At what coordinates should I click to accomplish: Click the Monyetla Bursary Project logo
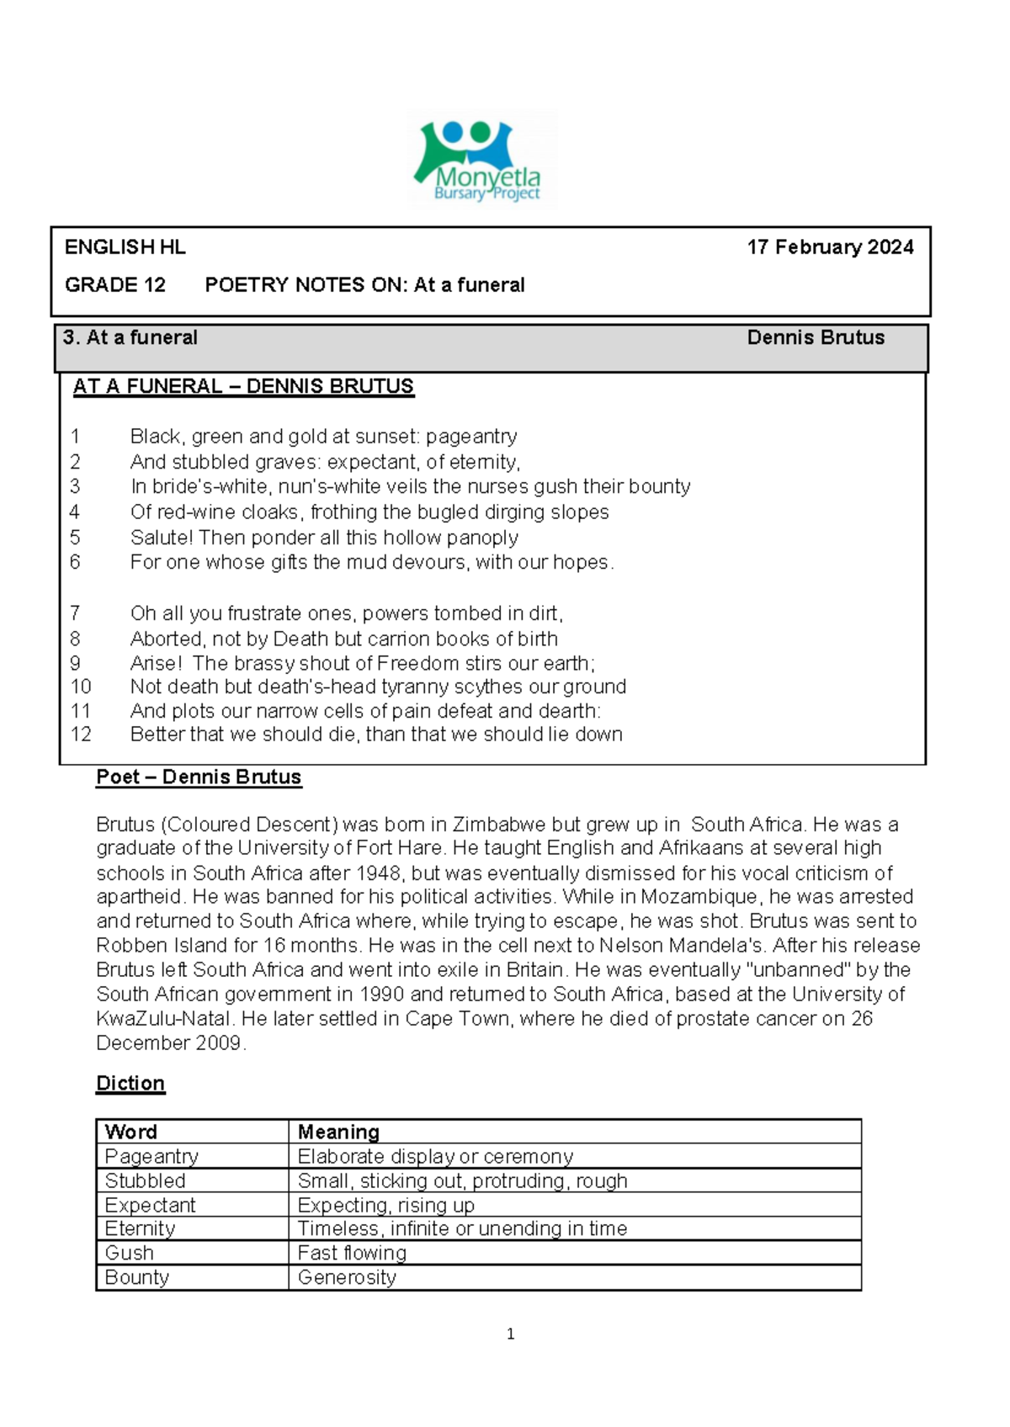coord(481,160)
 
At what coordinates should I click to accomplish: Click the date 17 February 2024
coord(830,247)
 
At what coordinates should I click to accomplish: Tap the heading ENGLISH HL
coord(125,247)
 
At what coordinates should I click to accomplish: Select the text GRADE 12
coord(115,285)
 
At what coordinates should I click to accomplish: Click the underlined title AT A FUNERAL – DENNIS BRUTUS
coord(243,386)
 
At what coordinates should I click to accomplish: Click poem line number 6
coord(75,562)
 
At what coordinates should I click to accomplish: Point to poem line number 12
coord(81,735)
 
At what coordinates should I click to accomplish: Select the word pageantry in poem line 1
coord(471,437)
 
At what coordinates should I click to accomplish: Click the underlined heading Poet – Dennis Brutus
coord(199,777)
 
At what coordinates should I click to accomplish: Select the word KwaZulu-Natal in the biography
coord(163,1019)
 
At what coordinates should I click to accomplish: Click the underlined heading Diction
coord(130,1084)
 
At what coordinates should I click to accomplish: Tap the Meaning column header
coord(338,1133)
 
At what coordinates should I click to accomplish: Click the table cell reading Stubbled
coord(145,1181)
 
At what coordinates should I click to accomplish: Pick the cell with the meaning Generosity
coord(347,1278)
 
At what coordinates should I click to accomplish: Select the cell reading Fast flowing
coord(352,1254)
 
